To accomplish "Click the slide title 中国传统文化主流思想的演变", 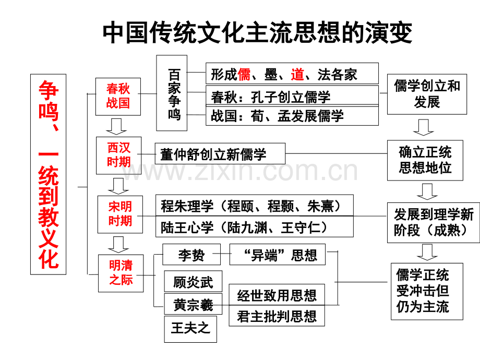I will [258, 32].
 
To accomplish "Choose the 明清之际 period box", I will [121, 272].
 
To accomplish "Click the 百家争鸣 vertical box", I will [174, 93].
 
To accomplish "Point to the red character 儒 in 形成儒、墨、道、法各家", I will [244, 75].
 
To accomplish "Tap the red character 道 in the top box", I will [297, 75].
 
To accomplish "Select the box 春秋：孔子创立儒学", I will [292, 96].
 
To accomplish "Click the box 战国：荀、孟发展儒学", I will [292, 116].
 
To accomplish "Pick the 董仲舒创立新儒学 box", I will [220, 154].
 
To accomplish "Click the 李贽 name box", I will [191, 255].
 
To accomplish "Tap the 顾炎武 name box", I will [193, 282].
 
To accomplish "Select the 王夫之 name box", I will [190, 328].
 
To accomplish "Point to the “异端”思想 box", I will [277, 255].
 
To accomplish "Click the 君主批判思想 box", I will [277, 316].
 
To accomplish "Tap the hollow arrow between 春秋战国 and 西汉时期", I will [116, 126].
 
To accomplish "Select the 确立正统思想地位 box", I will [425, 160].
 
